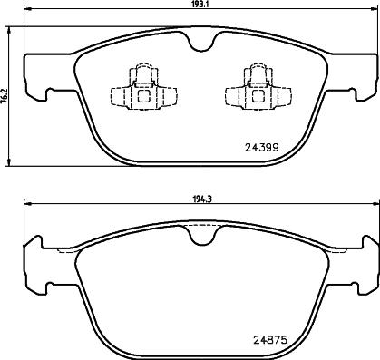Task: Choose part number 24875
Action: click(262, 341)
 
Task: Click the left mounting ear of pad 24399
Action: click(34, 77)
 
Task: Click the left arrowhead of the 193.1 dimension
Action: click(26, 13)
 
